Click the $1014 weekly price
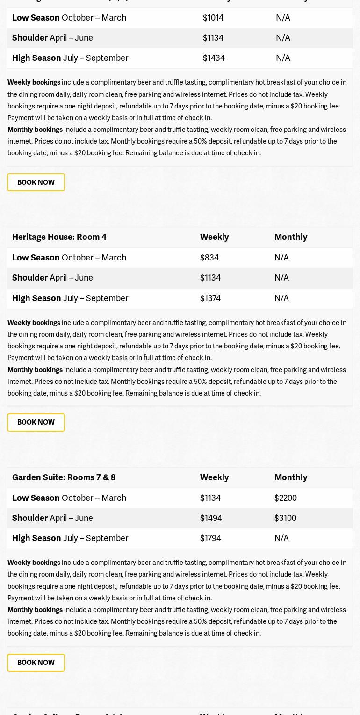click(x=213, y=18)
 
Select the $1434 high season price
click(x=214, y=58)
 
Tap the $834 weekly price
click(x=209, y=258)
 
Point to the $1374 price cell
click(x=210, y=298)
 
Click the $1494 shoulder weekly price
click(x=211, y=518)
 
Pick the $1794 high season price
click(x=210, y=538)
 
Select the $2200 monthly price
click(x=285, y=498)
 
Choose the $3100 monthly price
click(x=285, y=518)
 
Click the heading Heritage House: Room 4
click(x=59, y=237)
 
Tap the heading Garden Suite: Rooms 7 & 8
click(x=64, y=477)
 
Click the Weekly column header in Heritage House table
click(x=214, y=237)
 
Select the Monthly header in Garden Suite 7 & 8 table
click(x=291, y=477)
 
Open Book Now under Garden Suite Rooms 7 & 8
click(x=36, y=663)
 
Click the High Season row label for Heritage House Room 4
click(x=36, y=298)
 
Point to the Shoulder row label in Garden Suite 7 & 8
click(x=30, y=518)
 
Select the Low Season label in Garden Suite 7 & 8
click(x=36, y=498)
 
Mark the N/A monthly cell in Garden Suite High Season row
click(x=281, y=538)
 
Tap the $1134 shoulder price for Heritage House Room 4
click(x=210, y=278)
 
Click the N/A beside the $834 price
click(x=281, y=258)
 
